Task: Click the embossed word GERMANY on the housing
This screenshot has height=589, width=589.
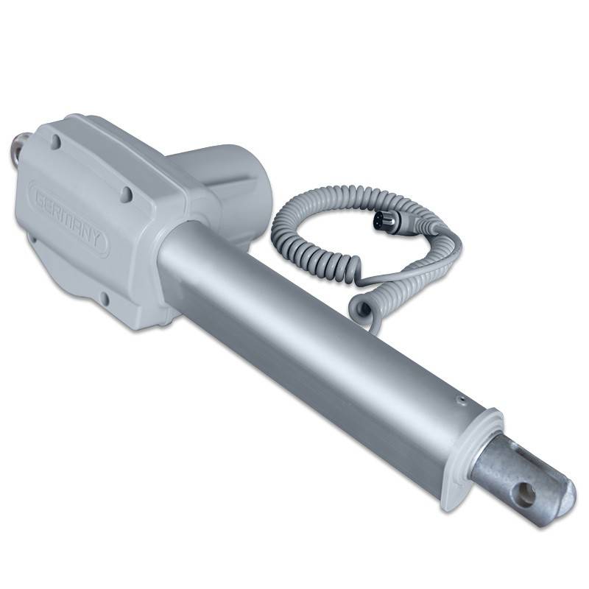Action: (x=69, y=217)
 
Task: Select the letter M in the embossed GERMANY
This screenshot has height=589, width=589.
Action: (x=68, y=218)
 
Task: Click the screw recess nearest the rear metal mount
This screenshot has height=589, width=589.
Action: (x=56, y=141)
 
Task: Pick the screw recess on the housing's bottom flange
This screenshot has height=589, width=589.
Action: (x=105, y=299)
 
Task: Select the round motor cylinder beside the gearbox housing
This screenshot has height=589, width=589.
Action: (x=225, y=188)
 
